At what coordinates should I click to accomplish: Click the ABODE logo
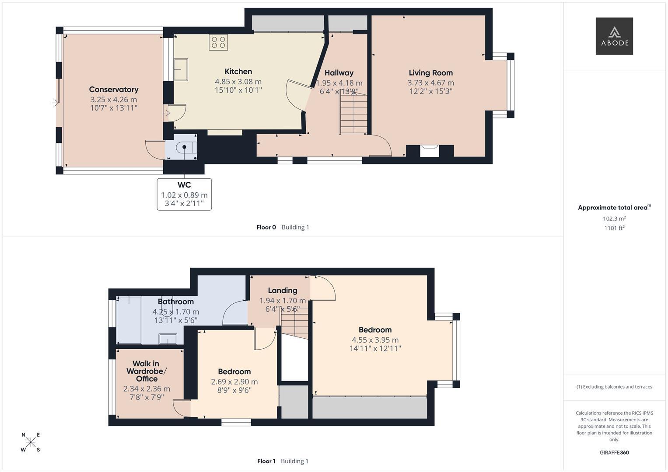tap(614, 36)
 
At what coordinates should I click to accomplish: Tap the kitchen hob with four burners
tap(218, 42)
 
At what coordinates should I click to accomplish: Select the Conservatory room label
tap(114, 90)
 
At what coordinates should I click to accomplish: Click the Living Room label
tap(430, 73)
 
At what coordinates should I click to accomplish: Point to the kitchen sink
tap(181, 69)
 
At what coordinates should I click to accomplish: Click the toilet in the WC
tap(186, 147)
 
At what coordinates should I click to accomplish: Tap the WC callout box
tap(184, 194)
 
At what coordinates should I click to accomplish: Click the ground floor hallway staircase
tap(353, 113)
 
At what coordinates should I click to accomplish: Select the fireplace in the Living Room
tap(430, 151)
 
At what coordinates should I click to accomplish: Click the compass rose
tap(31, 442)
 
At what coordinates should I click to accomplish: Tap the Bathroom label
tap(176, 302)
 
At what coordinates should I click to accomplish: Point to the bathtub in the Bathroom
tap(129, 320)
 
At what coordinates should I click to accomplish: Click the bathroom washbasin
tap(168, 339)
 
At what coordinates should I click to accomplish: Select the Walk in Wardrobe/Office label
tap(147, 371)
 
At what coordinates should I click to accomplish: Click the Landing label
tap(283, 291)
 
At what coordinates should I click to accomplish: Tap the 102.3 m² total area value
tap(614, 219)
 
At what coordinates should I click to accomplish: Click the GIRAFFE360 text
tap(614, 453)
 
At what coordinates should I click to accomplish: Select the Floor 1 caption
tap(266, 461)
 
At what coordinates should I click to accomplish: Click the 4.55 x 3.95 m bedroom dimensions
tap(375, 340)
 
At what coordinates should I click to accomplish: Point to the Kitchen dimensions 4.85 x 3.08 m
tap(238, 82)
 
